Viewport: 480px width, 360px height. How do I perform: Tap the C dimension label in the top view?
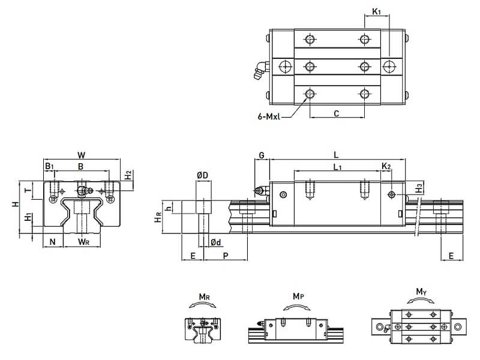pyautogui.click(x=336, y=113)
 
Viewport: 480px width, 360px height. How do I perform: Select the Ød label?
pyautogui.click(x=217, y=242)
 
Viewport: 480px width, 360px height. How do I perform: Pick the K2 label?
pyautogui.click(x=386, y=166)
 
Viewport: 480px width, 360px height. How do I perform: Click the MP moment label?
pyautogui.click(x=298, y=296)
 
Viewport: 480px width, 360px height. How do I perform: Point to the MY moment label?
pyautogui.click(x=421, y=292)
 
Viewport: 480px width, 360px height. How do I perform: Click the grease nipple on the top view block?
pyautogui.click(x=259, y=70)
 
